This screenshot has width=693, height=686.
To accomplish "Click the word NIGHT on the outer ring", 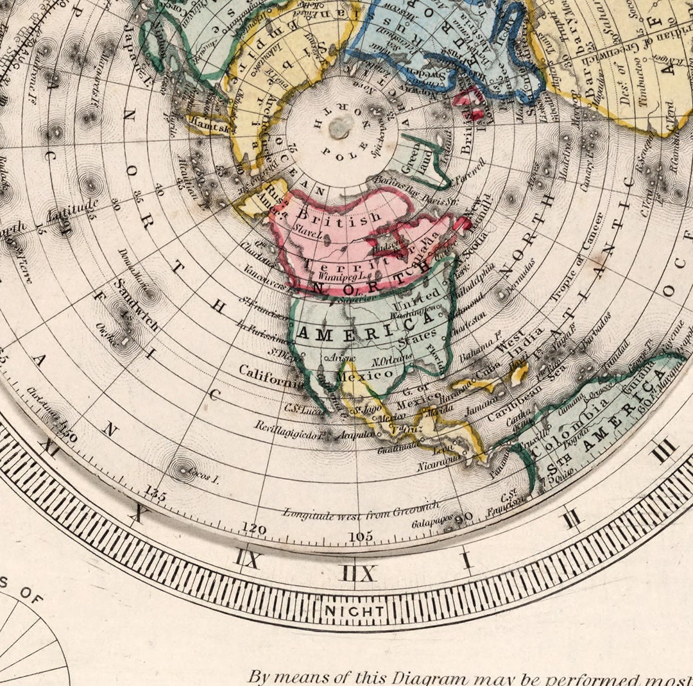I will (x=354, y=610).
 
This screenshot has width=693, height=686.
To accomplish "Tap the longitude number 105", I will (x=360, y=536).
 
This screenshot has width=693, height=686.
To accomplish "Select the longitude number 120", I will (x=254, y=528).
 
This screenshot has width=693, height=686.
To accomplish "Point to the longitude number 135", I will (x=156, y=493).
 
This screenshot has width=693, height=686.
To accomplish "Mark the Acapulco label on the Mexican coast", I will (x=356, y=435).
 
